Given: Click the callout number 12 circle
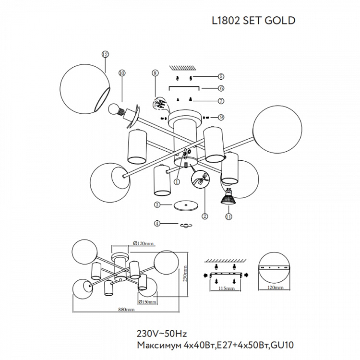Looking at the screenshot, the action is tap(105, 54).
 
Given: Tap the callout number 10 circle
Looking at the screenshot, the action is tap(122, 73).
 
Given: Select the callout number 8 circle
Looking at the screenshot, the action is tap(155, 73).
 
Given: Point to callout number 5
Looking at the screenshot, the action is tap(221, 76).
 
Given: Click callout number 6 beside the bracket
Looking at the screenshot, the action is tap(221, 88).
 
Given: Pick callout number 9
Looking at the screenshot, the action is tap(221, 117).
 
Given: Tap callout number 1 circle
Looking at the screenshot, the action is tap(177, 181).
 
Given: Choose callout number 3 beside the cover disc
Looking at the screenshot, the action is tap(157, 204).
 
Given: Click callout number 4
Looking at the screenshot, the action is tap(157, 223).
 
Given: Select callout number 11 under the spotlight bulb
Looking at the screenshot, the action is tap(228, 216).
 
